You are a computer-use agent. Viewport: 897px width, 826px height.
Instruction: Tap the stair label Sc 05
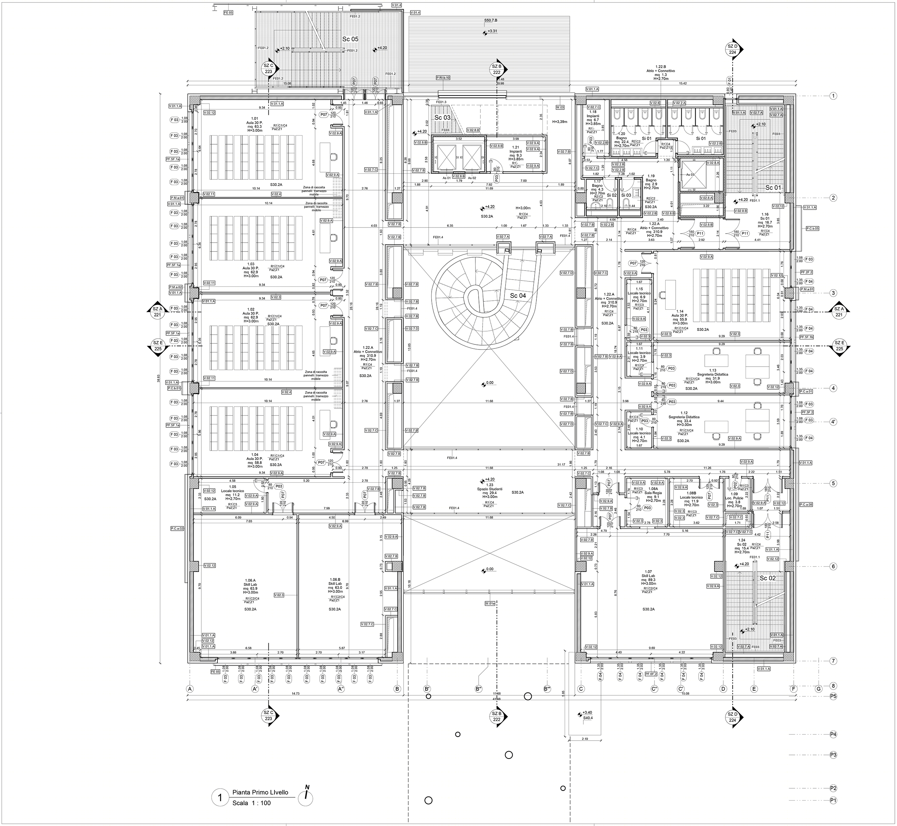(351, 39)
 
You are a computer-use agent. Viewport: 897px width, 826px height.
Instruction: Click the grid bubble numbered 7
(833, 661)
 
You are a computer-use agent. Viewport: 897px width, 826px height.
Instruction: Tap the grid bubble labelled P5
(833, 696)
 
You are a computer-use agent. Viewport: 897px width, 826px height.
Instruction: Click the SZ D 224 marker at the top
(732, 49)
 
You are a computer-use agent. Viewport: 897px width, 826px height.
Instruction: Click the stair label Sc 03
(442, 118)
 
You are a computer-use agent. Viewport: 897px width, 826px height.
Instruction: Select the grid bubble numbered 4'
(833, 422)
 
